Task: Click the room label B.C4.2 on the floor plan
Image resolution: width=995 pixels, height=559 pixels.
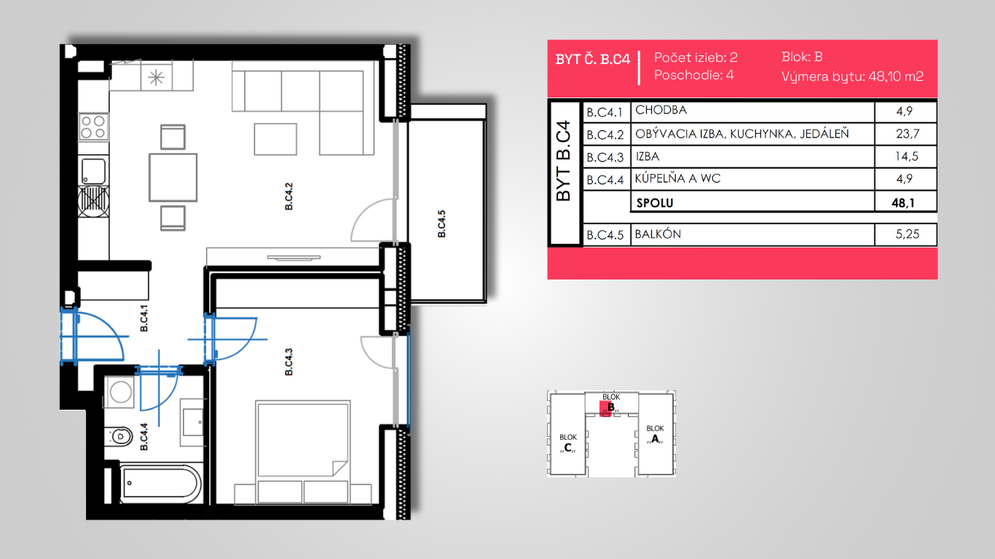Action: pyautogui.click(x=288, y=197)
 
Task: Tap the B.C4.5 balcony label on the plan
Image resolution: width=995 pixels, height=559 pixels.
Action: pyautogui.click(x=441, y=223)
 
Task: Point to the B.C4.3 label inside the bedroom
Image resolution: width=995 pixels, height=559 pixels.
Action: pyautogui.click(x=288, y=362)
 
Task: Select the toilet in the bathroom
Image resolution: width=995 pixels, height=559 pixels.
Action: pyautogui.click(x=119, y=436)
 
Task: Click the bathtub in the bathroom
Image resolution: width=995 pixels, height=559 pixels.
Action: pyautogui.click(x=160, y=483)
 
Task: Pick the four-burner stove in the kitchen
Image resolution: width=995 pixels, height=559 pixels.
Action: pyautogui.click(x=93, y=127)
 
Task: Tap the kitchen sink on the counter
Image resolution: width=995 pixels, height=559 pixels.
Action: pyautogui.click(x=93, y=171)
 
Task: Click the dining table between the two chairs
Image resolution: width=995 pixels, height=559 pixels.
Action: pyautogui.click(x=173, y=178)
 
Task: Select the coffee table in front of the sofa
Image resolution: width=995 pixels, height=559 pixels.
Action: pyautogui.click(x=275, y=140)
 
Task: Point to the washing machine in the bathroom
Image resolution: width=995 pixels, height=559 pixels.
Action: pyautogui.click(x=120, y=392)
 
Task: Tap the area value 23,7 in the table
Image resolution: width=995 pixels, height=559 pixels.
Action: pyautogui.click(x=908, y=134)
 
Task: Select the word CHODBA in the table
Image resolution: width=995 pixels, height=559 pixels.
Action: pyautogui.click(x=661, y=110)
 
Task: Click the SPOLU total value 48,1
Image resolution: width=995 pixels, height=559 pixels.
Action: pyautogui.click(x=903, y=203)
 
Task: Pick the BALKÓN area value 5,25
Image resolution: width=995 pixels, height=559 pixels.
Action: pyautogui.click(x=907, y=234)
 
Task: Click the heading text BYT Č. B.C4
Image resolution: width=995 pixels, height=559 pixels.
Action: pyautogui.click(x=593, y=60)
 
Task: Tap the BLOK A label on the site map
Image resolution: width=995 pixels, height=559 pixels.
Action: pyautogui.click(x=655, y=435)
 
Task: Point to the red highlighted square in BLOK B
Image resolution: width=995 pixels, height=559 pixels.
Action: pyautogui.click(x=605, y=408)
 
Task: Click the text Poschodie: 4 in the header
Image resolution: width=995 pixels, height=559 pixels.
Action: pyautogui.click(x=694, y=75)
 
